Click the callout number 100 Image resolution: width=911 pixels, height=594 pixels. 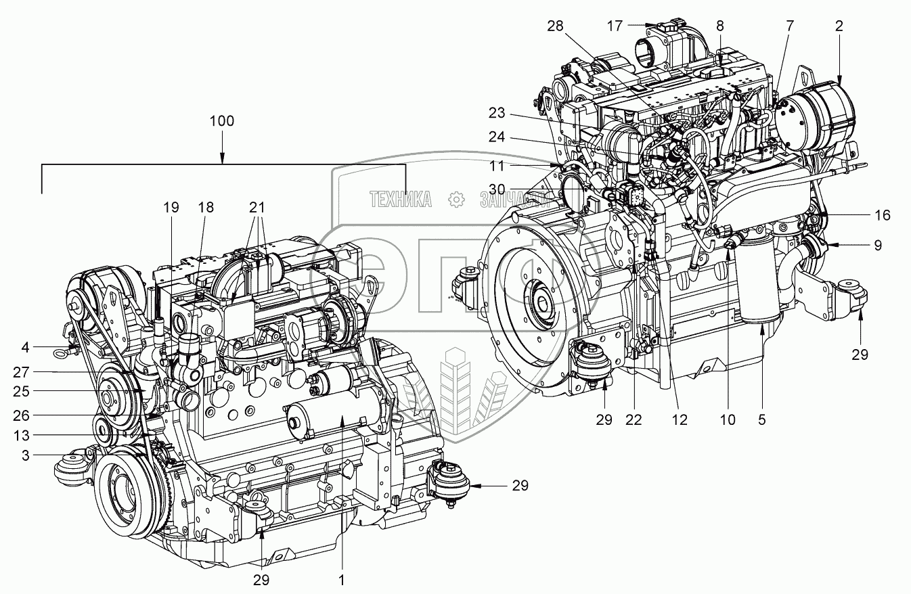pos(222,122)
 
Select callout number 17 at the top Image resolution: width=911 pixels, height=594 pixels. pos(615,26)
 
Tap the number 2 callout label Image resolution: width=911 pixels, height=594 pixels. pos(839,26)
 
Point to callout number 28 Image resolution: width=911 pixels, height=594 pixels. pos(556,26)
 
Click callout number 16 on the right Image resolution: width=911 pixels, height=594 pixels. pos(882,216)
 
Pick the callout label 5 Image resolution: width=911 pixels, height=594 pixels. pos(761,420)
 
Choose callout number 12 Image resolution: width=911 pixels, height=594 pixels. pos(680,420)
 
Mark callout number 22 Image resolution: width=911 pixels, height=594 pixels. pos(634,420)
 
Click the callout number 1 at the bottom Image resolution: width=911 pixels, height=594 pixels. pos(342,580)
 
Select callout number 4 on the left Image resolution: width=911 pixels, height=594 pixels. pos(25,349)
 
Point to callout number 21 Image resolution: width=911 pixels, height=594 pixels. pos(257,207)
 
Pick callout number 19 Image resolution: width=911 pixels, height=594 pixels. pos(171,207)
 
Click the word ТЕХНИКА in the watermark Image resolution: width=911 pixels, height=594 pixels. pos(401,199)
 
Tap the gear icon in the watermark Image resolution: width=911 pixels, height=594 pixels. pos(455,199)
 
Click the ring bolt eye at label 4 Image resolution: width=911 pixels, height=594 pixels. pos(62,350)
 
